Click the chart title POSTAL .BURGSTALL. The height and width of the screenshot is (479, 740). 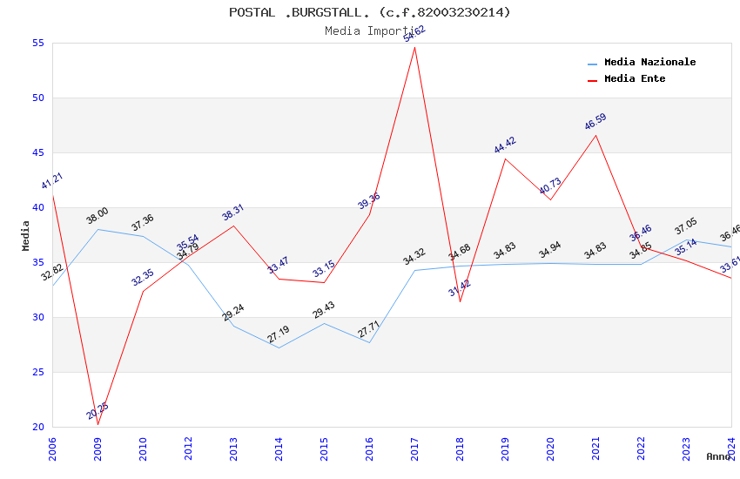coord(370,12)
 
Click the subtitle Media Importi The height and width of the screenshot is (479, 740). coord(370,30)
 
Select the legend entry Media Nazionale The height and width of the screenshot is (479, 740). coord(649,63)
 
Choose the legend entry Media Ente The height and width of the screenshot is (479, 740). coord(635,79)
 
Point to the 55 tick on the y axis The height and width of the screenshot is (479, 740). coord(38,44)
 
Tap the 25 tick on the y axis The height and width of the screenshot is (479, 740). coord(38,373)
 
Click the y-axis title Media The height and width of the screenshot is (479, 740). coord(26,235)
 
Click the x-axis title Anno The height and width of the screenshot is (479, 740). coord(718,456)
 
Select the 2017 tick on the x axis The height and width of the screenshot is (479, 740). coord(415,449)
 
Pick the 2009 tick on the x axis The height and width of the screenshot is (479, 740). coord(98,449)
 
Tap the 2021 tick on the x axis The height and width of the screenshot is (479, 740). coord(596,449)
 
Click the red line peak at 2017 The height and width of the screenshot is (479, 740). coord(415,47)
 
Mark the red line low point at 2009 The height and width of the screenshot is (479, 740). coord(98,424)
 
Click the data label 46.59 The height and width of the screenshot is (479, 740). coord(595,122)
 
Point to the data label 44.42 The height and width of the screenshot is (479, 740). coord(505,145)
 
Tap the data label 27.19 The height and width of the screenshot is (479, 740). coord(279,334)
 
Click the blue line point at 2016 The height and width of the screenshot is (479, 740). coord(369,342)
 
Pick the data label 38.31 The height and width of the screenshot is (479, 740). coord(232,213)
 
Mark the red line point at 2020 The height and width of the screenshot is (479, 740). coord(550,199)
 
